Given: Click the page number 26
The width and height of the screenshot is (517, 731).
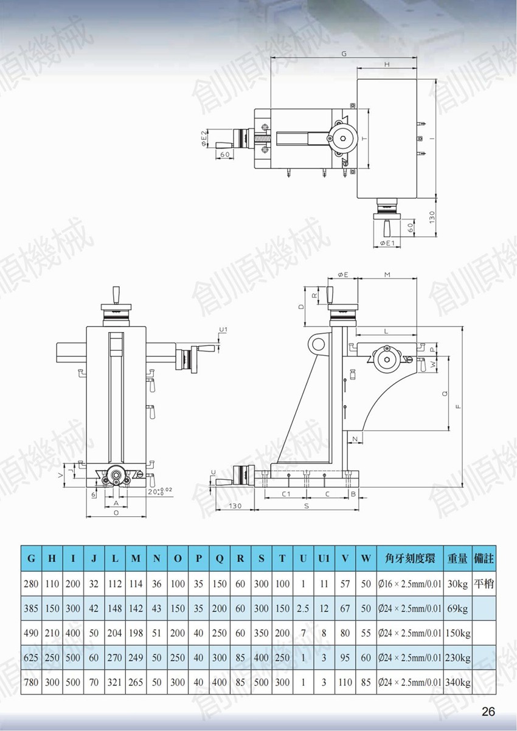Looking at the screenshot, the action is (488, 711).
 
